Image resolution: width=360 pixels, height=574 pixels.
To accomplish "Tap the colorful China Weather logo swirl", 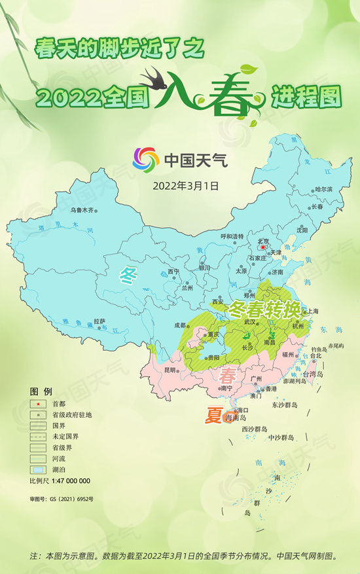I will (145, 160).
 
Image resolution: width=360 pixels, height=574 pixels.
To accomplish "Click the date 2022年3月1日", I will (185, 185).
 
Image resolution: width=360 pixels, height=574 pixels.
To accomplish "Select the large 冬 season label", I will (128, 276).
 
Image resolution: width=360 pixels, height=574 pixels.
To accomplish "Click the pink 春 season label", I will (228, 376).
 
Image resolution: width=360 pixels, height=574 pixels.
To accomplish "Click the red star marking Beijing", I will (262, 248).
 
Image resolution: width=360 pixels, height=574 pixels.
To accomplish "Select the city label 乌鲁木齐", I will (82, 210).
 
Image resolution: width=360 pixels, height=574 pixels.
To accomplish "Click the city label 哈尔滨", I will (323, 189).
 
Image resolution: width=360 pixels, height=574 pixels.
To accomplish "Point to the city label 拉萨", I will (99, 321).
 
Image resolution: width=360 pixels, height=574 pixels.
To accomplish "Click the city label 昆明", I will (170, 370).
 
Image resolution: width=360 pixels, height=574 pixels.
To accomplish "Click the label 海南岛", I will (235, 418).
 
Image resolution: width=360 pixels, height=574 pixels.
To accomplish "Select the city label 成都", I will (180, 325).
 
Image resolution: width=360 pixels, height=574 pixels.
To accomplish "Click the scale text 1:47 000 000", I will (69, 481).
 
